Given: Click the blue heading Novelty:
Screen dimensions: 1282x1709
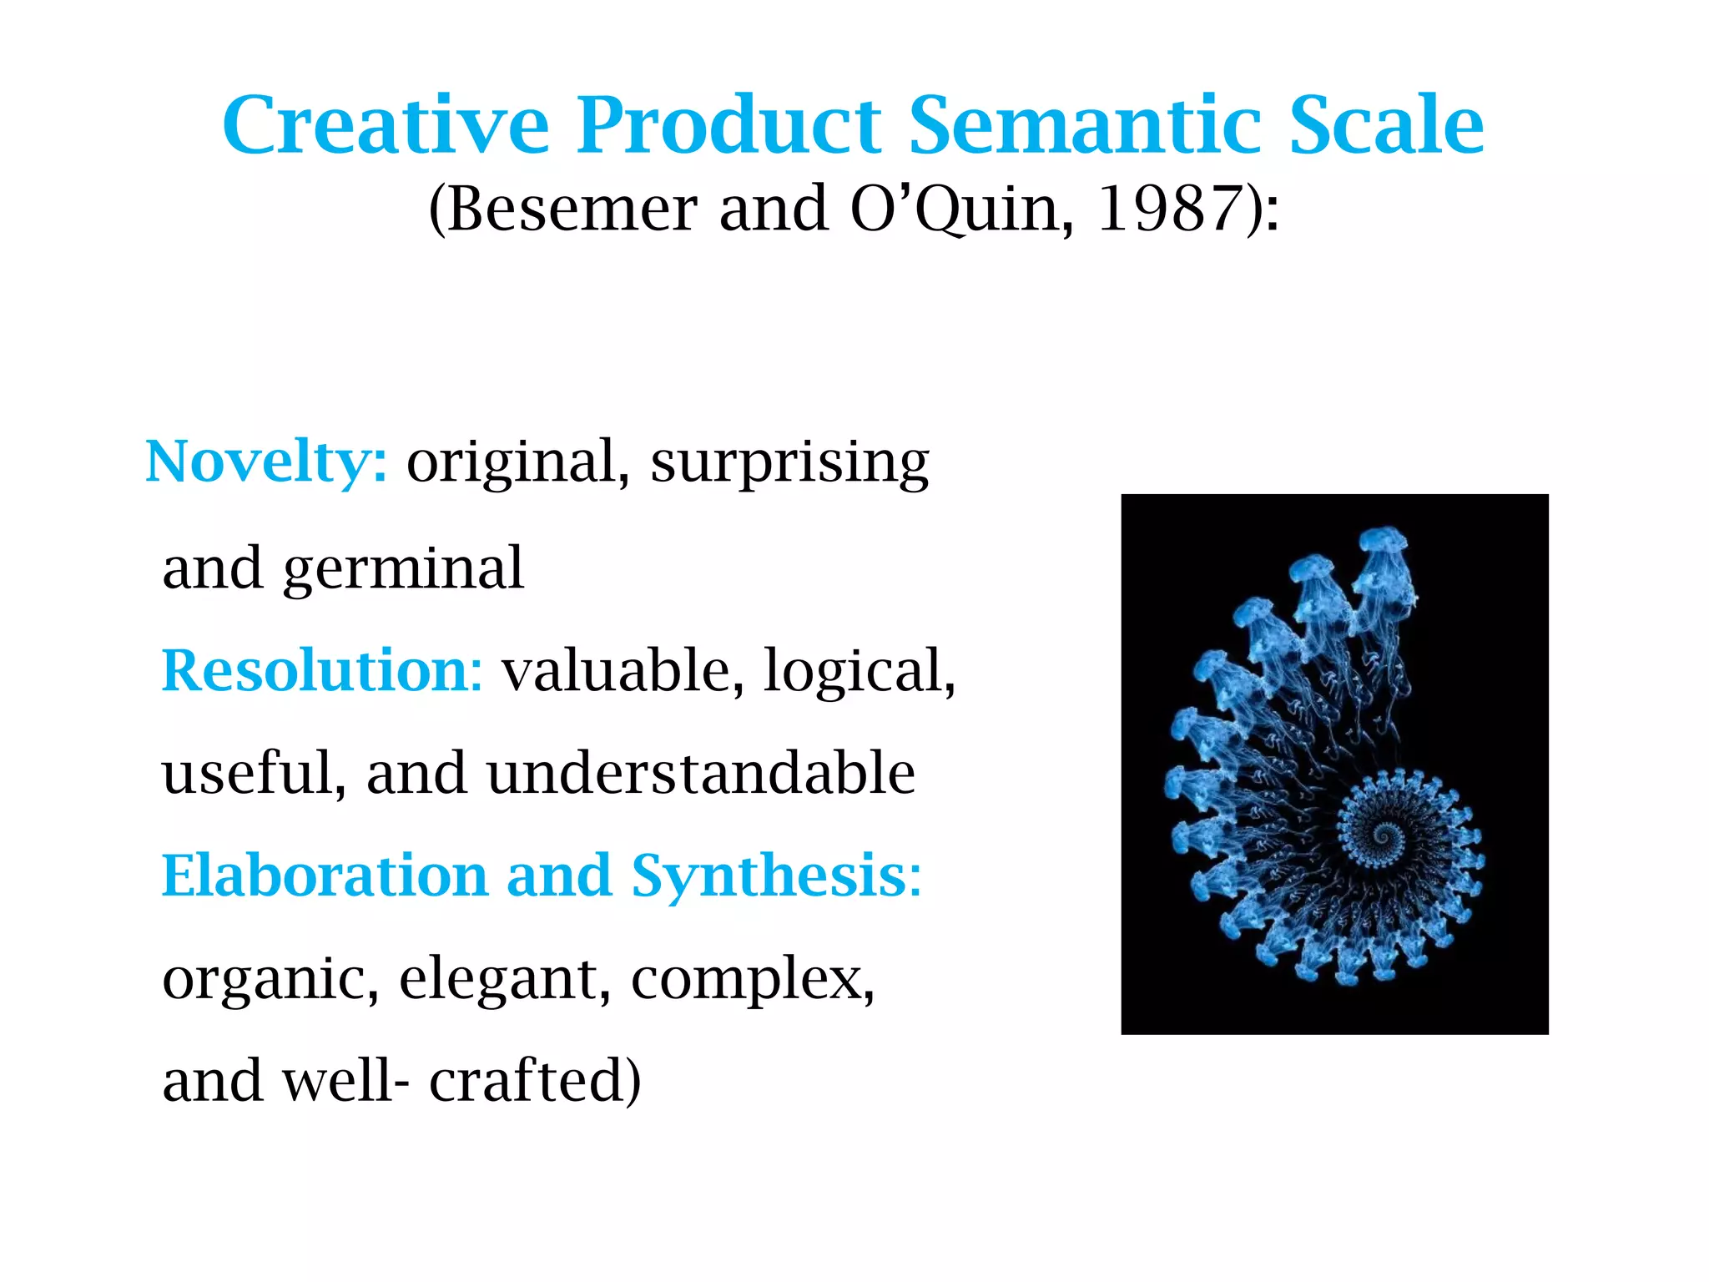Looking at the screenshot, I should point(266,462).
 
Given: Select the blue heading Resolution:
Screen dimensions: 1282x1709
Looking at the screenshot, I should point(322,670).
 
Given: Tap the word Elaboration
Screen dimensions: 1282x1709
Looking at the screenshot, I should point(325,876).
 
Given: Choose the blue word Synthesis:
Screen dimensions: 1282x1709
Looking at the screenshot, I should point(776,876).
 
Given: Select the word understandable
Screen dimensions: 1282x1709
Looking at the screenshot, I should point(701,773).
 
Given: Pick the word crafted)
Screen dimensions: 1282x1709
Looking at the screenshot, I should point(535,1081).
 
